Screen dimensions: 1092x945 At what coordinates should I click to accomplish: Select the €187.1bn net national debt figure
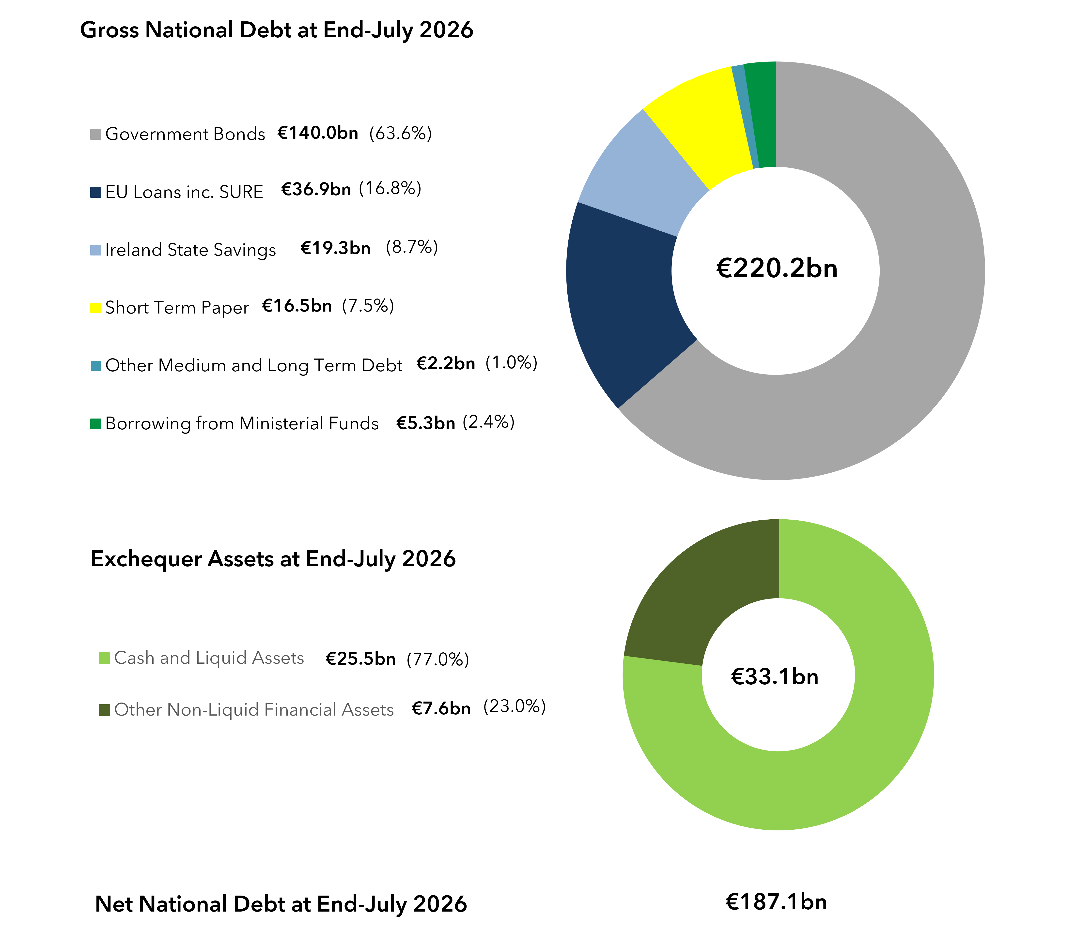[x=776, y=902]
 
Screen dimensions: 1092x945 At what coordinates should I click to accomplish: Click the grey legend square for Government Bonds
[x=95, y=135]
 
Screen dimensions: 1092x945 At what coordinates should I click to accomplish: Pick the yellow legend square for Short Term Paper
[x=95, y=308]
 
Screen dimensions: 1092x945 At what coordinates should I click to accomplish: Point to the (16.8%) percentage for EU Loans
[x=390, y=188]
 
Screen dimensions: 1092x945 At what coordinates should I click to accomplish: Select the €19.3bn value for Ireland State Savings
[x=336, y=248]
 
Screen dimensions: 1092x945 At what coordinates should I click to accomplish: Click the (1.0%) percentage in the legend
[x=511, y=363]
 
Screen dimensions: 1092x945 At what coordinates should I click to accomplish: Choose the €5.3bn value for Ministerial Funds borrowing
[x=426, y=423]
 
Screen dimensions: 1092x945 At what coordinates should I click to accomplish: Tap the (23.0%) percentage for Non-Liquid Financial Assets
[x=514, y=707]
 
